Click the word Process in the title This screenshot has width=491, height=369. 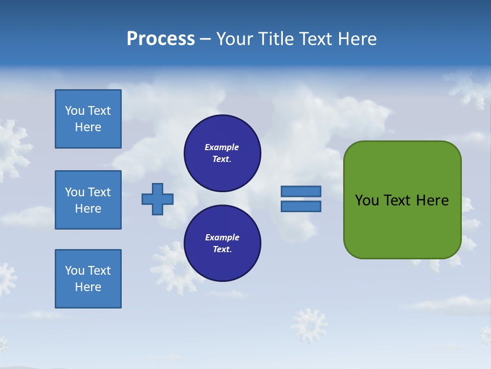(x=161, y=39)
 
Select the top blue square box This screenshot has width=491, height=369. (x=88, y=119)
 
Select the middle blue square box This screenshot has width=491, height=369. (x=88, y=200)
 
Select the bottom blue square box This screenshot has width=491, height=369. (x=88, y=279)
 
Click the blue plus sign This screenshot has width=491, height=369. (x=158, y=199)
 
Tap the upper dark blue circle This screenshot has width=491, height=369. (x=222, y=153)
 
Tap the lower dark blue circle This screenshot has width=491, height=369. (x=222, y=243)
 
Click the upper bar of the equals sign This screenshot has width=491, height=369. (x=301, y=191)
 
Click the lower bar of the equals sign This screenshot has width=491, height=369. (x=301, y=207)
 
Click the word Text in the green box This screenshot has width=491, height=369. (x=398, y=200)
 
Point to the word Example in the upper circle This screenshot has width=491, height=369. (x=222, y=147)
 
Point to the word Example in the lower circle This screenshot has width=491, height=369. (x=222, y=237)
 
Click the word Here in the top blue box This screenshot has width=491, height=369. (x=88, y=127)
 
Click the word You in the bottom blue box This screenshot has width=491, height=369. (x=75, y=271)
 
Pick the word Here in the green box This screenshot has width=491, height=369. (x=432, y=200)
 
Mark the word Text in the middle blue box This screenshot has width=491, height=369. (x=99, y=192)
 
